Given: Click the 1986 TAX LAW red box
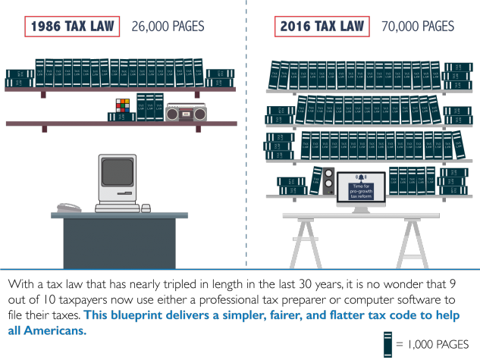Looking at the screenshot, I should pyautogui.click(x=72, y=27).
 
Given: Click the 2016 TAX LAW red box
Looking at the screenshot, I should pyautogui.click(x=321, y=27).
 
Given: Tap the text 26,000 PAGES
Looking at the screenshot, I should pyautogui.click(x=168, y=27).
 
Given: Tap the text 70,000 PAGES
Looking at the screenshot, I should pyautogui.click(x=417, y=27).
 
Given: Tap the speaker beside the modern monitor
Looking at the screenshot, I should pyautogui.click(x=329, y=183).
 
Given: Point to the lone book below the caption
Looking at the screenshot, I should pyautogui.click(x=387, y=345).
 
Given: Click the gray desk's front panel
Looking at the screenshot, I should pyautogui.click(x=119, y=243).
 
